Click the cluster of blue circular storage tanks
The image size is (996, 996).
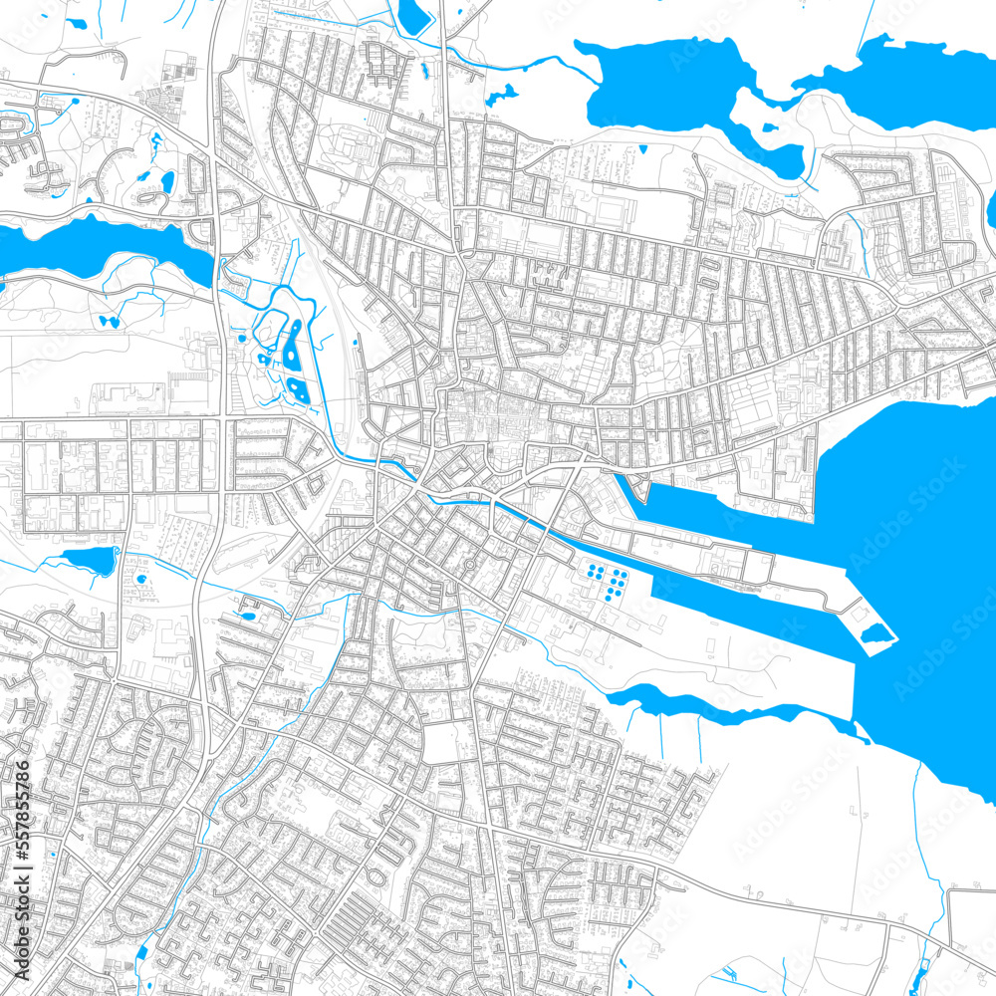(607, 582)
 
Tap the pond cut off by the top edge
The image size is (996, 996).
(412, 14)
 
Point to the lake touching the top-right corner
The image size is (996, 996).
(916, 75)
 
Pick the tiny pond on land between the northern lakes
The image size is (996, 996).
(768, 127)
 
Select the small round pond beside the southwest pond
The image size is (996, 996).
(140, 579)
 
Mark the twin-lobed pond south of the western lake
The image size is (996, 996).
(107, 322)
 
